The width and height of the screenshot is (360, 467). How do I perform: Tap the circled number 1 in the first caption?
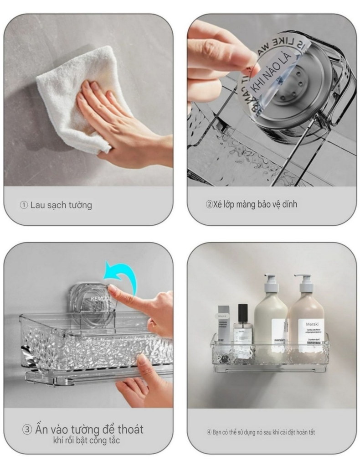[x=24, y=205]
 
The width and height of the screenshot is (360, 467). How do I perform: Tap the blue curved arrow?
[x=121, y=276]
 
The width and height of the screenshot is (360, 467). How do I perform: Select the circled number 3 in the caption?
[x=27, y=430]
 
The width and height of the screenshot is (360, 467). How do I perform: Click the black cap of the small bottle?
[x=243, y=312]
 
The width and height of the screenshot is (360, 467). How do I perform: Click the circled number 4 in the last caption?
[x=209, y=432]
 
